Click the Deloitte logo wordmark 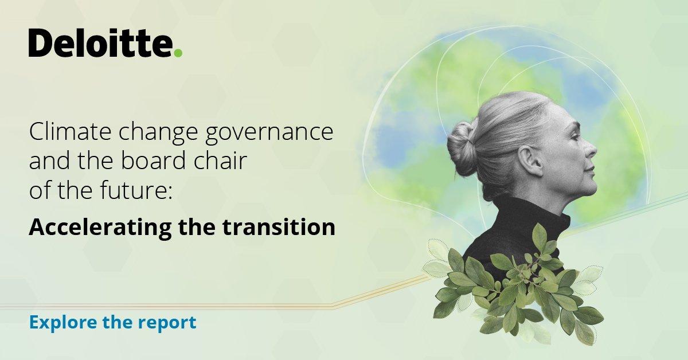click(x=100, y=44)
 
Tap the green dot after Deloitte click(x=178, y=53)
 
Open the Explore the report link click(x=112, y=322)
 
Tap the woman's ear click(x=533, y=162)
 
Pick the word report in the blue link click(x=170, y=323)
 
